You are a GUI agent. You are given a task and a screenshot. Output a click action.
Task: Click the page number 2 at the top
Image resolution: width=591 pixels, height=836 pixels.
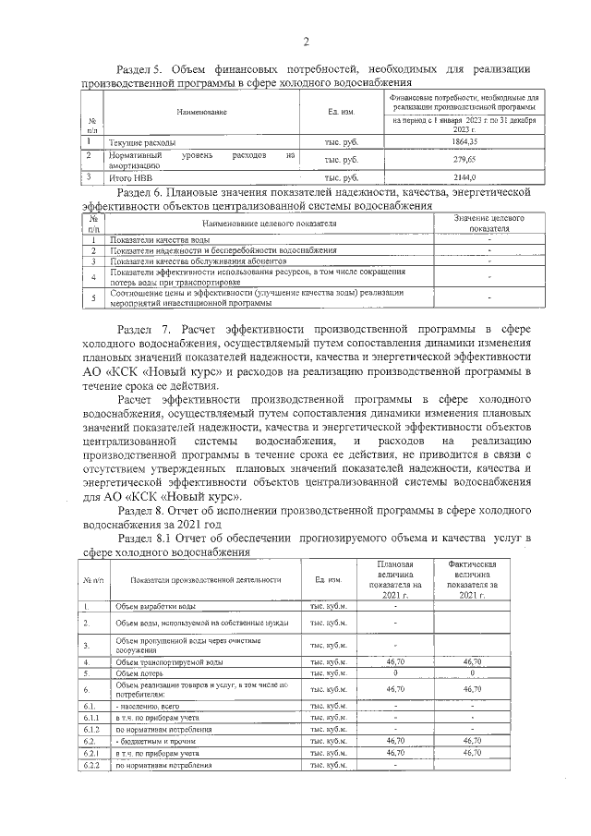click(x=305, y=41)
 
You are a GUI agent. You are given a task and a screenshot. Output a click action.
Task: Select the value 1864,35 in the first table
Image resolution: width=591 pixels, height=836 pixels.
click(x=464, y=141)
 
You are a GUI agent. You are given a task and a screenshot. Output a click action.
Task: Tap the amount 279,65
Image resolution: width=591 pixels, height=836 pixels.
click(x=464, y=159)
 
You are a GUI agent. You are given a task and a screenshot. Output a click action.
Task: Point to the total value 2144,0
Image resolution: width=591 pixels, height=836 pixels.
click(x=464, y=176)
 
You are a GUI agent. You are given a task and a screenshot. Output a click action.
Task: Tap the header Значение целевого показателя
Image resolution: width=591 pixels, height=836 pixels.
click(x=489, y=223)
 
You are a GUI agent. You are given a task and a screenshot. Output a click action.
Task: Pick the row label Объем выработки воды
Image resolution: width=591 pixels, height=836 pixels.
click(x=155, y=606)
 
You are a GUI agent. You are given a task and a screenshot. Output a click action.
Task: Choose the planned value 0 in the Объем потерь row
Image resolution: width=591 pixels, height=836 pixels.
click(x=394, y=673)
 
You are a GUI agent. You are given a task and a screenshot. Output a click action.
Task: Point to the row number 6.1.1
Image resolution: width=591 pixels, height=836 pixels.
click(x=91, y=717)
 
